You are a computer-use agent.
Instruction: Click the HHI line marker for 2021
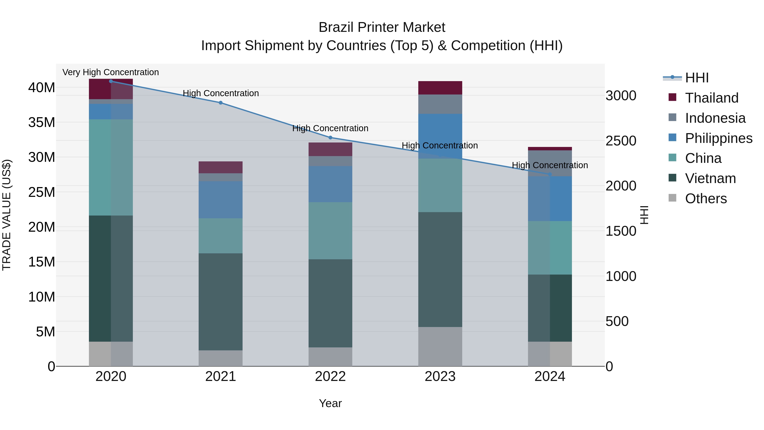(x=220, y=103)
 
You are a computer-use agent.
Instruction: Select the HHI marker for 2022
(x=330, y=137)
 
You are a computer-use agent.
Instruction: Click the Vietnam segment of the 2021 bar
(x=220, y=302)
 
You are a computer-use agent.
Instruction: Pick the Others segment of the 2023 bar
(x=440, y=346)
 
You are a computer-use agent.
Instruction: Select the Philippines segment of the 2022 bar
(x=330, y=184)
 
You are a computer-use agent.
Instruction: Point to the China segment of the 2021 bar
(x=220, y=236)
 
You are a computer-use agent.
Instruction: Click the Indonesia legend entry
(x=715, y=118)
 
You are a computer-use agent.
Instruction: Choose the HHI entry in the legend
(x=697, y=78)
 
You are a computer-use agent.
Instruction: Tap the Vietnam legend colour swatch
(x=672, y=178)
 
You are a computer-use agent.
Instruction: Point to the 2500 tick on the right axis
(x=621, y=141)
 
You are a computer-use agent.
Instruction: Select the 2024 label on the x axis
(x=550, y=376)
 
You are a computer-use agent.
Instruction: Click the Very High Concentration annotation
(x=111, y=72)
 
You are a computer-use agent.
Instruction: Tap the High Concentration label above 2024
(x=550, y=165)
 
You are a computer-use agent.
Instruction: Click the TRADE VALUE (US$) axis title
(x=7, y=215)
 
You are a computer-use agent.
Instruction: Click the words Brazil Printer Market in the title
(x=382, y=27)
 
